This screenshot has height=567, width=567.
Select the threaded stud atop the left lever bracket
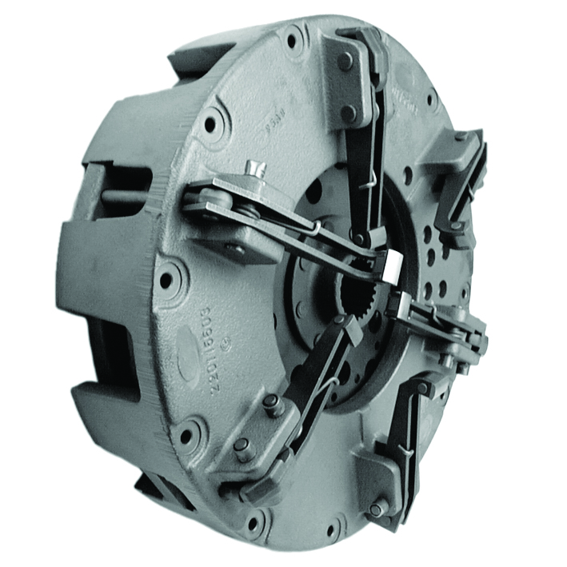click(254, 168)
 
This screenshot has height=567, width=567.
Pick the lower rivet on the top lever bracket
click(349, 113)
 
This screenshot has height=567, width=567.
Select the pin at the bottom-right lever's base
click(377, 509)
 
